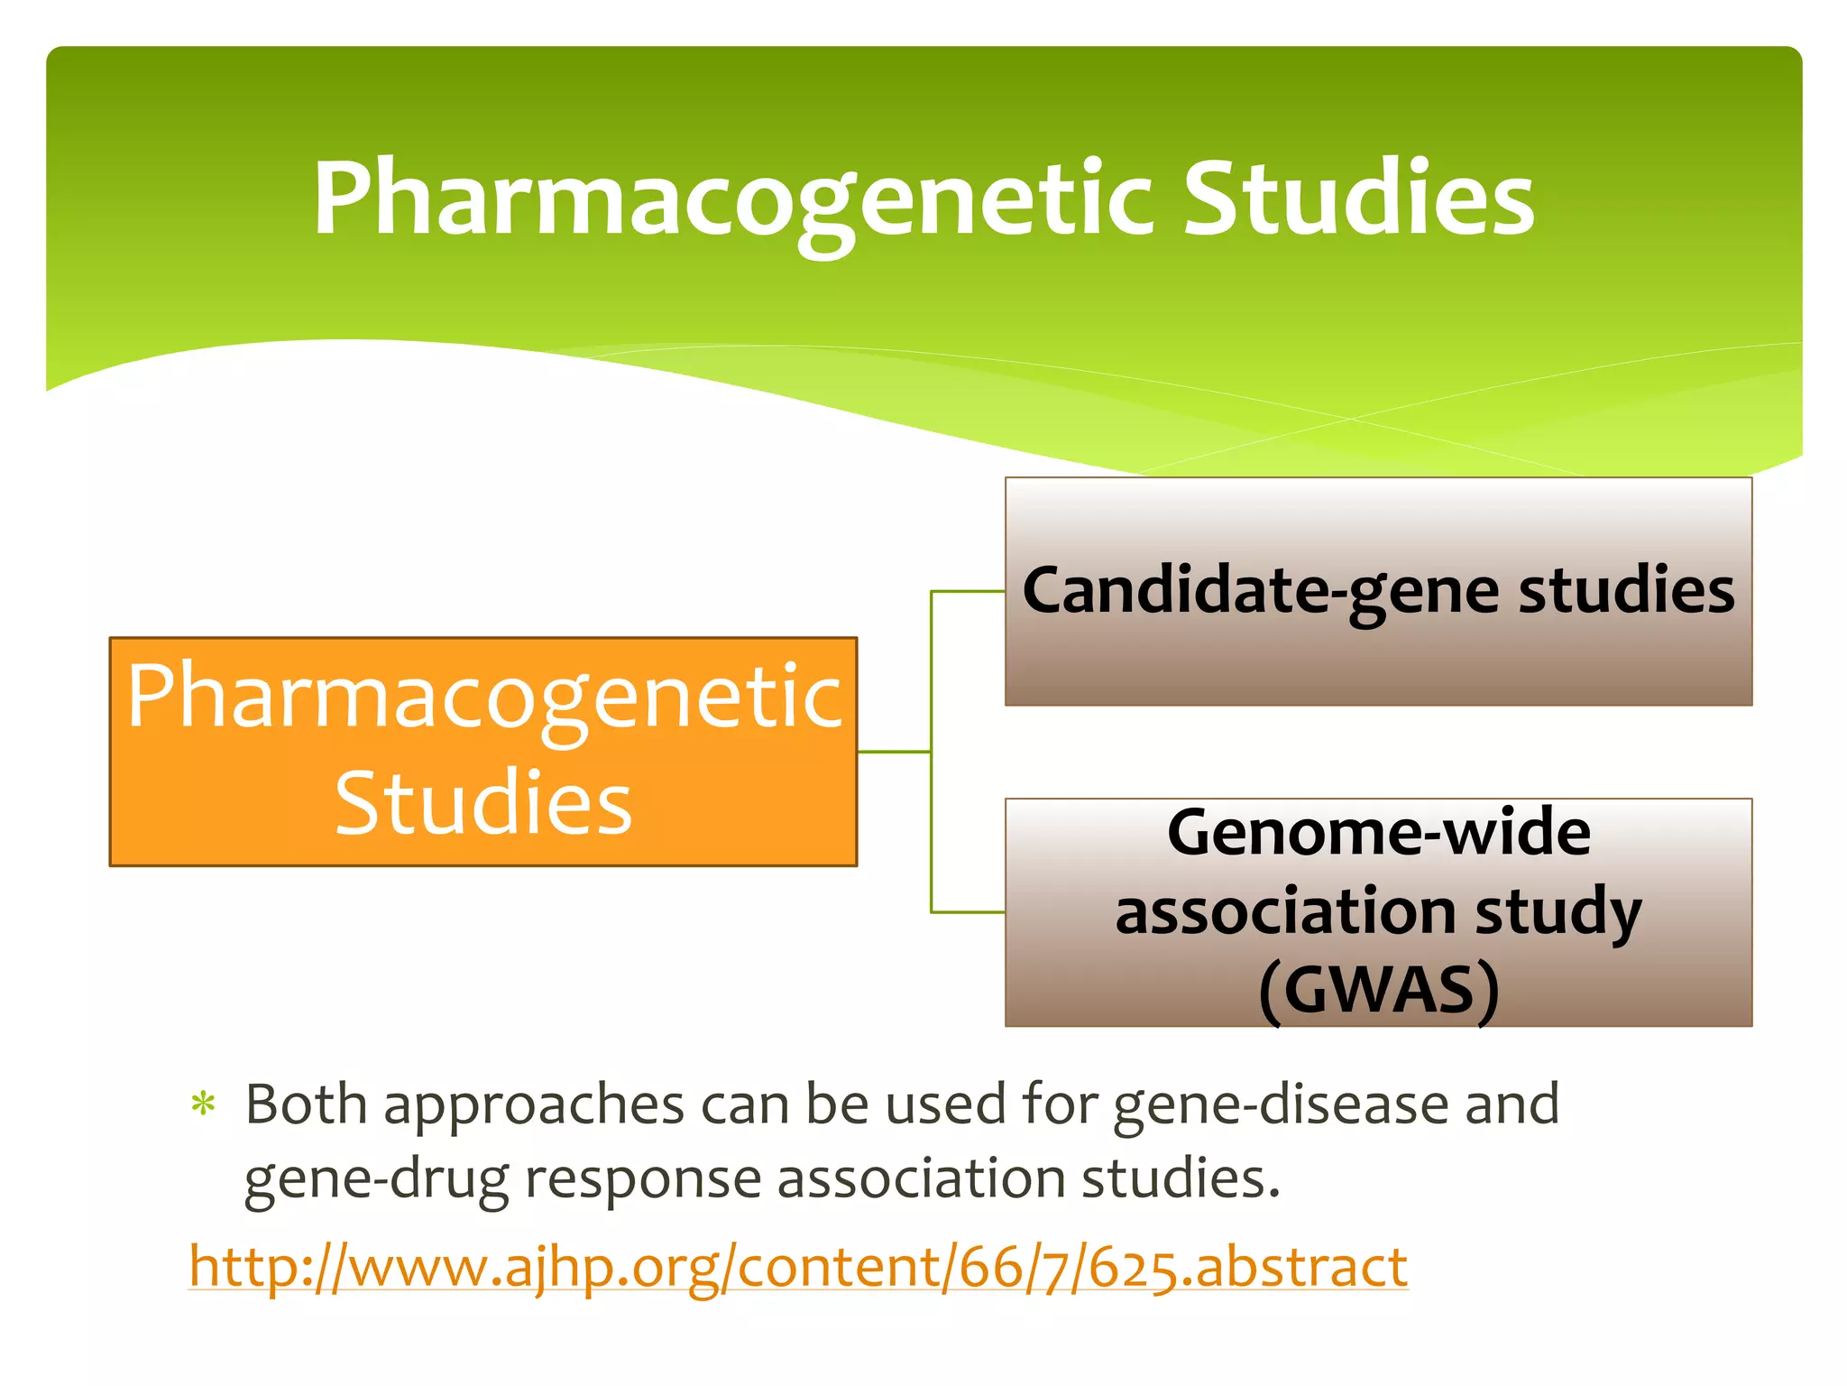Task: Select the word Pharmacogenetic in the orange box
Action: [484, 697]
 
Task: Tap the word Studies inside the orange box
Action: [483, 803]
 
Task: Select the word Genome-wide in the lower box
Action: [1378, 832]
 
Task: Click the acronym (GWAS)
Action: [1378, 990]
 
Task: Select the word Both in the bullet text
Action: [306, 1104]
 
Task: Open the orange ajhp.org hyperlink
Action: [798, 1266]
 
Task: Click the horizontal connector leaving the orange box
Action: [893, 751]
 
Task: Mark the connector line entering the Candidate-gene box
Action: [969, 592]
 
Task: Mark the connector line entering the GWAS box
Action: [969, 912]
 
